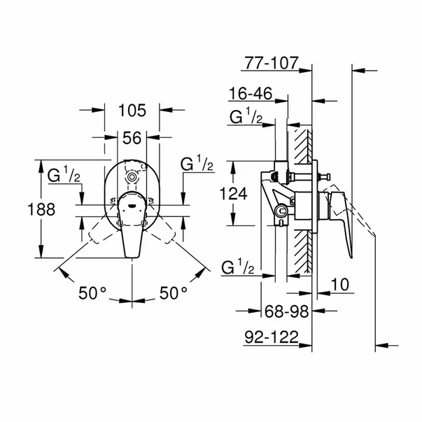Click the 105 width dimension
[132, 110]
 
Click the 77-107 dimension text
[272, 64]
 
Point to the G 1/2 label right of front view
[196, 164]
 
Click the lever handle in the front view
[133, 238]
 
